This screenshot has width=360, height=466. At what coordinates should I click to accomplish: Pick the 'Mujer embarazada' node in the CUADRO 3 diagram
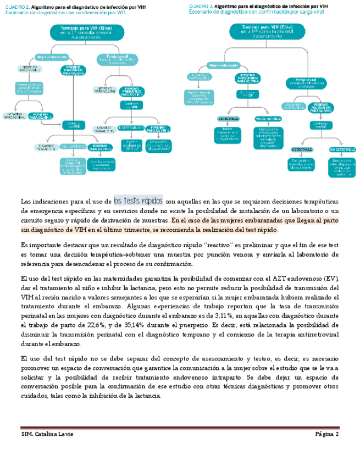(225, 64)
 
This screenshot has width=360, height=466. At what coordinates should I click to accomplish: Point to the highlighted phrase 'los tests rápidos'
(138, 200)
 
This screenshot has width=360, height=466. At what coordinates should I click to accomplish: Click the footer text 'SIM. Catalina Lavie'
(47, 434)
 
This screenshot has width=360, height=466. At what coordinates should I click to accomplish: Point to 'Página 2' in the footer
(327, 434)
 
